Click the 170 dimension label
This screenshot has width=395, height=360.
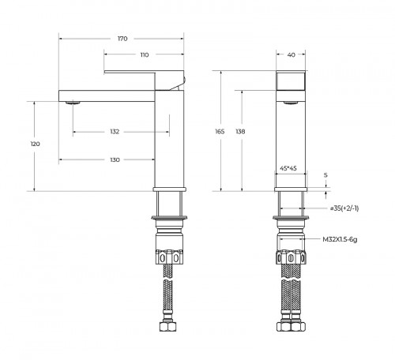[122, 38]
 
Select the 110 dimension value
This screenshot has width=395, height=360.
[144, 54]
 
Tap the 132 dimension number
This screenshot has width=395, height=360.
[115, 132]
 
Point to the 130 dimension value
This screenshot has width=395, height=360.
[115, 160]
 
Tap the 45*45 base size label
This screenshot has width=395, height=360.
[289, 168]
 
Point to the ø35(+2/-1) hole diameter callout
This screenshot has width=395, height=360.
[344, 208]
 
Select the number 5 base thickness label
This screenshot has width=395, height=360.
[326, 175]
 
